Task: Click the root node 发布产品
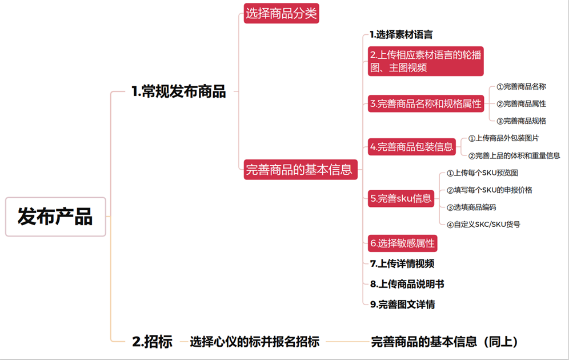click(55, 217)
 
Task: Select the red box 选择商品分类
click(281, 13)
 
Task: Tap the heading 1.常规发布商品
click(179, 91)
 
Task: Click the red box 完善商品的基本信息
click(300, 170)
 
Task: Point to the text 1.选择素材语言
click(401, 34)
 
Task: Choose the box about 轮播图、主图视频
click(426, 61)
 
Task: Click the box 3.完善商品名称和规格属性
click(426, 104)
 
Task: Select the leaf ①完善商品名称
click(521, 86)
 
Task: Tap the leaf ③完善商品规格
click(521, 121)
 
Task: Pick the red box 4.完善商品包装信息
click(412, 147)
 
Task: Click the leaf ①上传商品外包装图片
click(503, 138)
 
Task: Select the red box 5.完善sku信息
click(401, 198)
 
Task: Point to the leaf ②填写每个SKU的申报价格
click(489, 190)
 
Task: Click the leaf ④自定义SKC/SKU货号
click(483, 225)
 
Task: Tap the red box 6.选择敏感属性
click(402, 243)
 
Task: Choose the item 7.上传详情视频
click(402, 263)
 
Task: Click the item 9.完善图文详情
click(402, 304)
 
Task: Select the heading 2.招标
click(152, 342)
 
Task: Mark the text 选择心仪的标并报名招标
click(254, 342)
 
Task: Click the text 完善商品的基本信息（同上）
click(444, 342)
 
